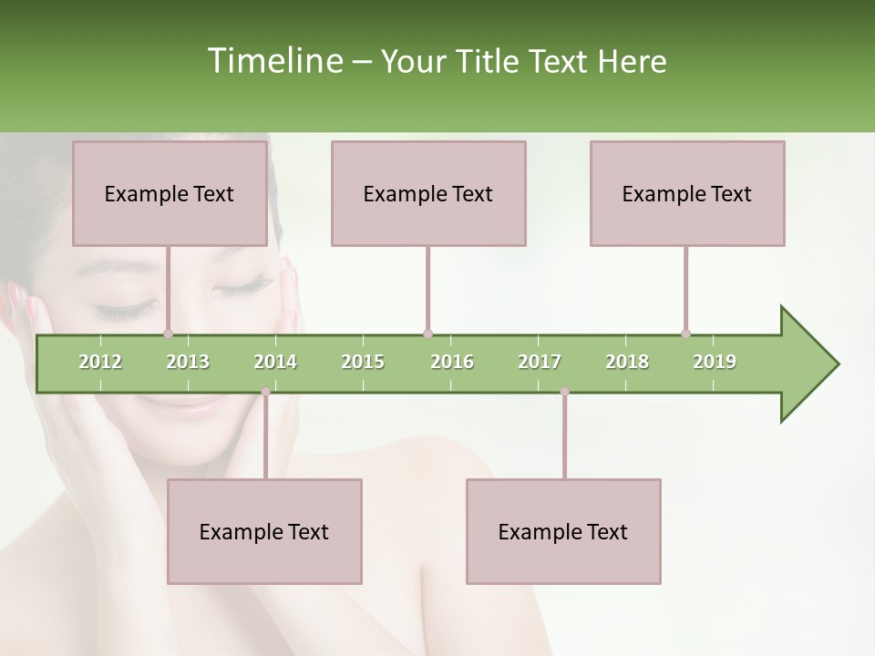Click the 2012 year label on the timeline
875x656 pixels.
click(x=100, y=362)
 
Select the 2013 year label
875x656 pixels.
click(x=188, y=362)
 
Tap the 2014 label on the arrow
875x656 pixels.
click(x=275, y=362)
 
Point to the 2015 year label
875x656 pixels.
click(x=363, y=362)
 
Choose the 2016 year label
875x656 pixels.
click(x=452, y=362)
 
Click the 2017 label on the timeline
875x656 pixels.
click(x=540, y=362)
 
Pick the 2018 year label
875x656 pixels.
click(x=627, y=362)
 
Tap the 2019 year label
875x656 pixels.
click(x=715, y=362)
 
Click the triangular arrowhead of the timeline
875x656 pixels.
click(x=807, y=364)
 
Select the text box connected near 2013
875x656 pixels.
click(x=170, y=193)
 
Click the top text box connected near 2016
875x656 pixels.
click(x=428, y=193)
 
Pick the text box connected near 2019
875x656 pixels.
click(x=687, y=193)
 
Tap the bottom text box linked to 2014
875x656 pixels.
click(x=264, y=531)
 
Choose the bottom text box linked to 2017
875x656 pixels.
click(x=563, y=531)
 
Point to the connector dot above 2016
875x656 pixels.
click(x=427, y=334)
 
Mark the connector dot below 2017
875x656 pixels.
click(x=564, y=393)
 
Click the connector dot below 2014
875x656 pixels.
click(x=265, y=393)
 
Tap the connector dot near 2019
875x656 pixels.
click(x=686, y=334)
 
